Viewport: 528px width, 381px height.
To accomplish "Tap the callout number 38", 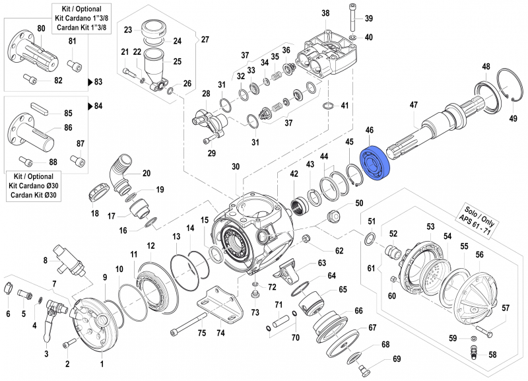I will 325,14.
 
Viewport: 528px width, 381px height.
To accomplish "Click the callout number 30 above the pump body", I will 236,167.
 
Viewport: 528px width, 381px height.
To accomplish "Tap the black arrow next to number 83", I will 90,83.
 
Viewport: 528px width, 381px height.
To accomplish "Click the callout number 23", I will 129,29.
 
